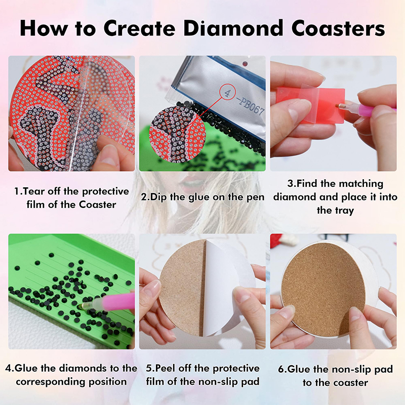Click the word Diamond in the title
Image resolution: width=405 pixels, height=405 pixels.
pyautogui.click(x=233, y=28)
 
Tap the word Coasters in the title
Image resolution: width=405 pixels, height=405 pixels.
pyautogui.click(x=338, y=28)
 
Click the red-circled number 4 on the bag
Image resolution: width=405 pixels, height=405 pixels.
pyautogui.click(x=227, y=93)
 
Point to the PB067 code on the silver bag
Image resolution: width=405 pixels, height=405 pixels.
pyautogui.click(x=250, y=106)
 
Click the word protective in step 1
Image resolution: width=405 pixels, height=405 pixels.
pyautogui.click(x=105, y=192)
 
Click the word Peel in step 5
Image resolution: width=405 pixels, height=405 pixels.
pyautogui.click(x=166, y=368)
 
